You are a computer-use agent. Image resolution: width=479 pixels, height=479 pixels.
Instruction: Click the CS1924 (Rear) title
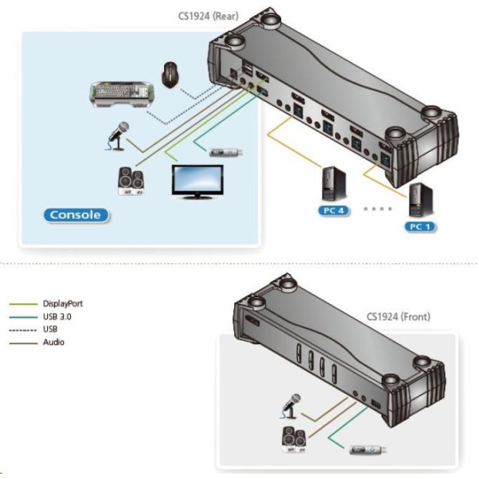pyautogui.click(x=208, y=16)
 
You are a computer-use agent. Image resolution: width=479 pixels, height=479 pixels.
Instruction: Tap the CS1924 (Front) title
pyautogui.click(x=398, y=317)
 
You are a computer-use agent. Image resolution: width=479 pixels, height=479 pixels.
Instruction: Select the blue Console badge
pyautogui.click(x=75, y=215)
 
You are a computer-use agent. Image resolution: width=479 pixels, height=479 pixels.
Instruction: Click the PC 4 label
pyautogui.click(x=334, y=210)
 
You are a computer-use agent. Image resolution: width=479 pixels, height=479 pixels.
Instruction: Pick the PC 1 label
pyautogui.click(x=420, y=227)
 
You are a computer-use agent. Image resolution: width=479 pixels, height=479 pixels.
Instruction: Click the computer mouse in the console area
pyautogui.click(x=170, y=75)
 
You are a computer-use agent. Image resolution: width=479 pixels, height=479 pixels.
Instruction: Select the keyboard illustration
pyautogui.click(x=122, y=94)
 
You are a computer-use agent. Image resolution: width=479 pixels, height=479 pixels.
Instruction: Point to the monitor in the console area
pyautogui.click(x=197, y=182)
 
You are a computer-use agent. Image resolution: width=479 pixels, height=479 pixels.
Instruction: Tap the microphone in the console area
pyautogui.click(x=118, y=136)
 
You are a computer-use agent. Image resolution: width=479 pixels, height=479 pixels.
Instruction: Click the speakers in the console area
pyautogui.click(x=131, y=182)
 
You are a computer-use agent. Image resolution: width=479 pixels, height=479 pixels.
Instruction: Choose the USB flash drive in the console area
pyautogui.click(x=226, y=152)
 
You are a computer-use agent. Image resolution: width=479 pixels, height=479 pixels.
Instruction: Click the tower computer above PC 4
pyautogui.click(x=334, y=184)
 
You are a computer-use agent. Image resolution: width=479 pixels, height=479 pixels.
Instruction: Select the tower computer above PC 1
pyautogui.click(x=420, y=200)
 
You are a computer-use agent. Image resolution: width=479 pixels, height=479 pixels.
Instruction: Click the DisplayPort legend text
pyautogui.click(x=63, y=303)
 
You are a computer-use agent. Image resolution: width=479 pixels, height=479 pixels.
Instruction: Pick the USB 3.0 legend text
pyautogui.click(x=57, y=317)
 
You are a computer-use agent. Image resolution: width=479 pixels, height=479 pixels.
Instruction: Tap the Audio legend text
pyautogui.click(x=53, y=342)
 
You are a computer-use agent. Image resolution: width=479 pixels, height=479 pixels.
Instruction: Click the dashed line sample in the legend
pyautogui.click(x=23, y=330)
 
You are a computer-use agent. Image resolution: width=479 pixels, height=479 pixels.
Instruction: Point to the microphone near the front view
pyautogui.click(x=291, y=406)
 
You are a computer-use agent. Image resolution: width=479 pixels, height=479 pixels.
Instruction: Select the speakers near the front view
pyautogui.click(x=294, y=440)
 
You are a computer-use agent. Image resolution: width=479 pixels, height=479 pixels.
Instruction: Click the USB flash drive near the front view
pyautogui.click(x=368, y=450)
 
